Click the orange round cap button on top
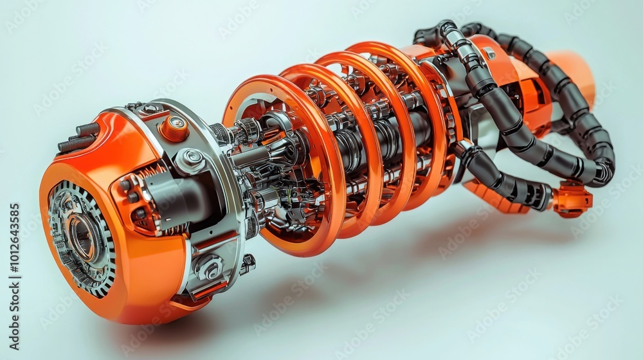coord(174,128)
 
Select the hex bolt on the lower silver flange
coord(210,267)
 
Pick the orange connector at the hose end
coord(572,199)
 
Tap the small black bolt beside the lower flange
coord(248,262)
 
